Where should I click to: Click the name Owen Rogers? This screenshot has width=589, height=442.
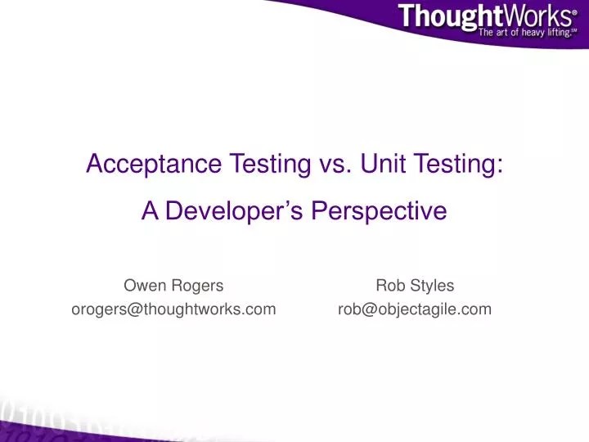[173, 285]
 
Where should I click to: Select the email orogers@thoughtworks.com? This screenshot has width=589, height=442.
[173, 309]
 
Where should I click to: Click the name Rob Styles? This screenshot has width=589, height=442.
[415, 285]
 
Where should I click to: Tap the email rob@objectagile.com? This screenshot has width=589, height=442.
[415, 309]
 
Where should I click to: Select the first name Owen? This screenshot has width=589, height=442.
[142, 285]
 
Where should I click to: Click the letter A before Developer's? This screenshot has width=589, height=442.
[150, 211]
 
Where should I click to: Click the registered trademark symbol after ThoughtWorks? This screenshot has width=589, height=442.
[575, 12]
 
